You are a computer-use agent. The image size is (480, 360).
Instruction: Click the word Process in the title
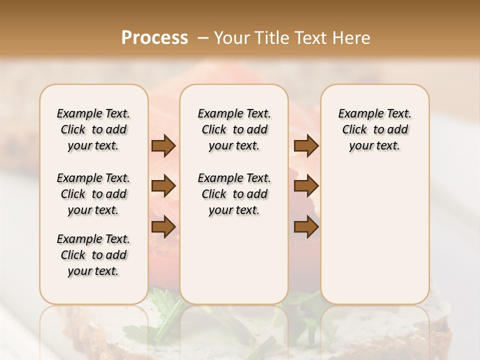pyautogui.click(x=154, y=37)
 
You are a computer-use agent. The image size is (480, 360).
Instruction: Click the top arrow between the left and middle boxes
pyautogui.click(x=163, y=146)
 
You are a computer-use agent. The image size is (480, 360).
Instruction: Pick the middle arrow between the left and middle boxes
pyautogui.click(x=163, y=186)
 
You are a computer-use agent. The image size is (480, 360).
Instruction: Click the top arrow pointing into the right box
pyautogui.click(x=306, y=146)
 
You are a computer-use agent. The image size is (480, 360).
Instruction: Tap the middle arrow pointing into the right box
pyautogui.click(x=306, y=186)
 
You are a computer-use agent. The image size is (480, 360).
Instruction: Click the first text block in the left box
pyautogui.click(x=93, y=129)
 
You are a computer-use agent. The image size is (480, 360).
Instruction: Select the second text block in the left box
pyautogui.click(x=93, y=194)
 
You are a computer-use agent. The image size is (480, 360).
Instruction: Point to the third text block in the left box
pyautogui.click(x=93, y=255)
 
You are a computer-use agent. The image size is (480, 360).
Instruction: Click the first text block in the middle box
pyautogui.click(x=234, y=129)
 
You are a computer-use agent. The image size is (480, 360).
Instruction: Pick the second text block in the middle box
pyautogui.click(x=234, y=194)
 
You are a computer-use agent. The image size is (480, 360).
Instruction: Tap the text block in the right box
pyautogui.click(x=375, y=129)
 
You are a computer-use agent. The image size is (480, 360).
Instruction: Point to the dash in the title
pyautogui.click(x=203, y=37)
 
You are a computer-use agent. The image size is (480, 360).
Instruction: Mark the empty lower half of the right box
pyautogui.click(x=375, y=235)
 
